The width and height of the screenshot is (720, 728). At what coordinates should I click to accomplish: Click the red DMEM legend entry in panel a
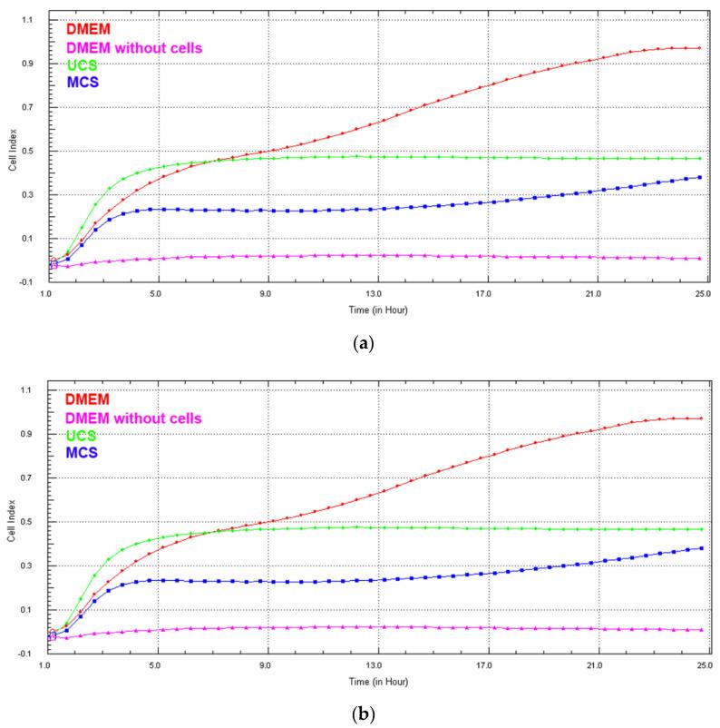(x=89, y=27)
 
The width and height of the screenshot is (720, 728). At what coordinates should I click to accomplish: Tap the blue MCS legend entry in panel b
(x=83, y=451)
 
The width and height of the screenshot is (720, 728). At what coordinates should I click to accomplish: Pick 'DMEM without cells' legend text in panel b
(x=132, y=417)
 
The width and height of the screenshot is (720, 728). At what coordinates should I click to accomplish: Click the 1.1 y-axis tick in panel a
(x=27, y=20)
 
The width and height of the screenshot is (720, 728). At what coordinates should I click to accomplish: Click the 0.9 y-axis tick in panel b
(x=27, y=434)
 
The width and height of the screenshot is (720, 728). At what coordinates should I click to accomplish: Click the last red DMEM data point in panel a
(x=700, y=48)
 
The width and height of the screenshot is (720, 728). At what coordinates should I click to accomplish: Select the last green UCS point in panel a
(x=700, y=159)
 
